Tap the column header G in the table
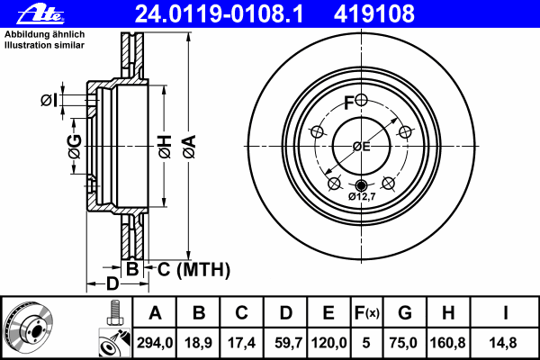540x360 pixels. point(405,313)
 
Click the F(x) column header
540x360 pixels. point(366,313)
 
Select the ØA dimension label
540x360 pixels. point(188,147)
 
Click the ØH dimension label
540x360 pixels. point(165,147)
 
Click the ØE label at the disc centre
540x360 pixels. point(360,146)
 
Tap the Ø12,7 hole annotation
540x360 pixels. point(361,197)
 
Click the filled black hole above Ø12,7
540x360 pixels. point(361,185)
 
